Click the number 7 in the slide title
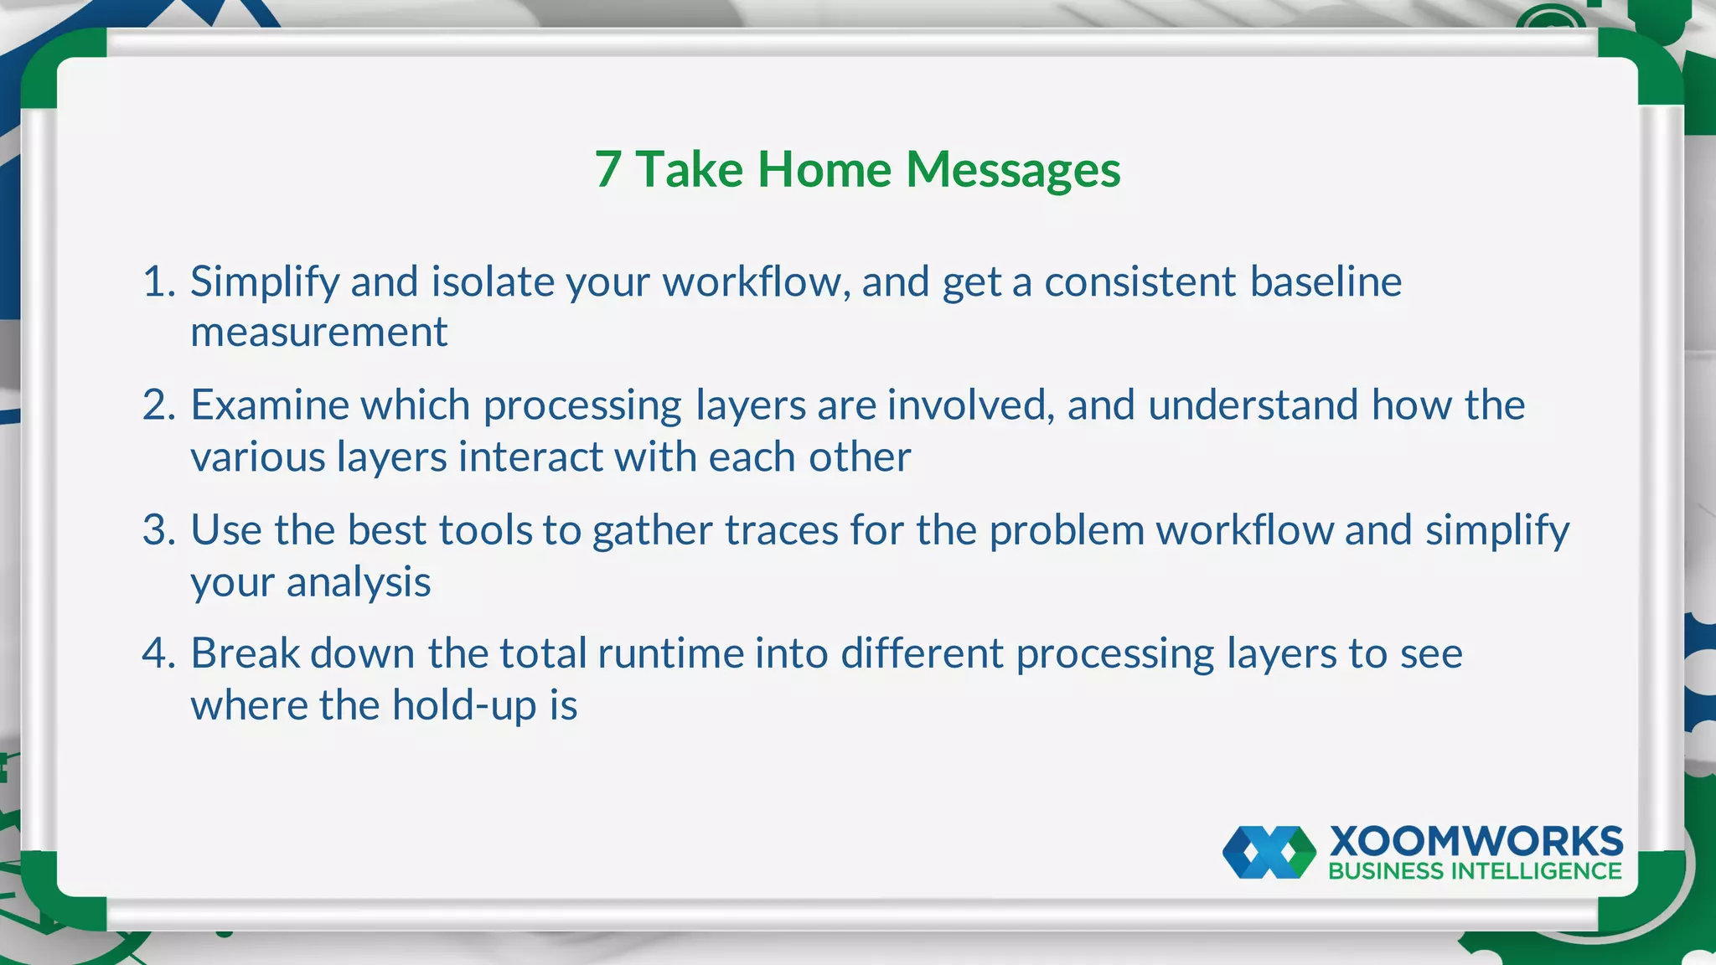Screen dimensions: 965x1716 tap(608, 170)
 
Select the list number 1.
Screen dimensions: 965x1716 tap(156, 281)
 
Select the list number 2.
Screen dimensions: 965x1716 tap(158, 405)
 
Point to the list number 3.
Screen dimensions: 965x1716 tap(158, 530)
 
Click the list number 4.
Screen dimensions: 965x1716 tap(158, 653)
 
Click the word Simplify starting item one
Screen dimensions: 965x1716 tap(264, 282)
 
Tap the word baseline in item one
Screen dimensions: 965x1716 tap(1326, 281)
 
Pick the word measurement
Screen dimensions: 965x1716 tap(318, 333)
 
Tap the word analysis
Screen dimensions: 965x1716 tap(359, 582)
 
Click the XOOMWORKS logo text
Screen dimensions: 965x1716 tap(1476, 841)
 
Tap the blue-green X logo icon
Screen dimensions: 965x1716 tap(1269, 853)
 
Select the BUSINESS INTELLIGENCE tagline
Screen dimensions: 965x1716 tap(1475, 871)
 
